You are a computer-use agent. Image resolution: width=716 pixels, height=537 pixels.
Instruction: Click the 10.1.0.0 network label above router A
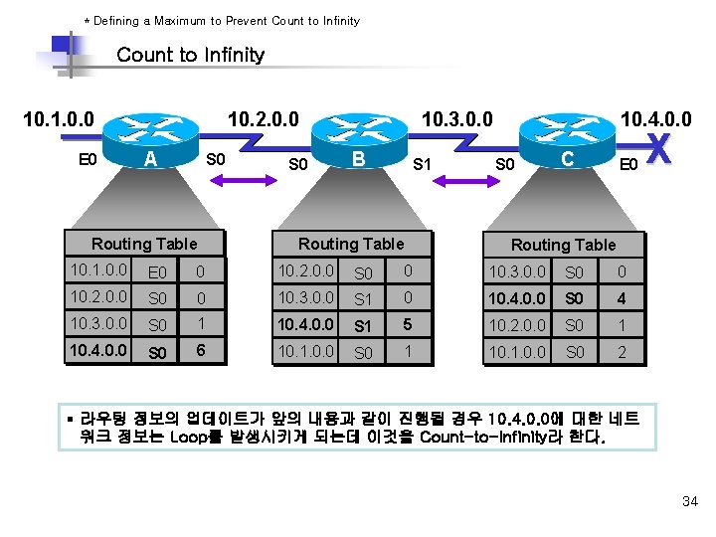[59, 120]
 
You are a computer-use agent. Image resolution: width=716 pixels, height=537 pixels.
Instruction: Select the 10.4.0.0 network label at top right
[655, 120]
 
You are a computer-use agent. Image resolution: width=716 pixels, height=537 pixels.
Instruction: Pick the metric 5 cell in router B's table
[406, 324]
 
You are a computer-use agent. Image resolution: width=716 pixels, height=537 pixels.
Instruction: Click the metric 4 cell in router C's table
[621, 298]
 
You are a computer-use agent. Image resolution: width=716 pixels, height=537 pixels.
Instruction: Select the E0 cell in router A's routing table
[156, 271]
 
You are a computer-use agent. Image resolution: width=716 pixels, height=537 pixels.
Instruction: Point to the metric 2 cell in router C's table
[621, 352]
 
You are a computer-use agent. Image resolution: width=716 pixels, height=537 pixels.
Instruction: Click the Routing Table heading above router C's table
[563, 245]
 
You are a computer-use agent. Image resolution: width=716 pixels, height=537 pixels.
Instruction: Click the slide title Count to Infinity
[190, 55]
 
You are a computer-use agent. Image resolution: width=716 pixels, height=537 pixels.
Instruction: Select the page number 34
[690, 501]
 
